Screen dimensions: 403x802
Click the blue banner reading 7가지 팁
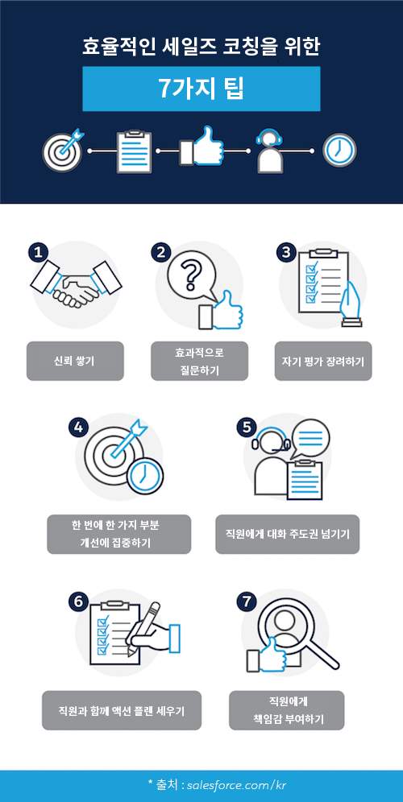pos(201,89)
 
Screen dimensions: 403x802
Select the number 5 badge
pos(247,428)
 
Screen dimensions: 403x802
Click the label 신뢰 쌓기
pos(75,361)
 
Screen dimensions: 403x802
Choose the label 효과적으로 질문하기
pos(200,361)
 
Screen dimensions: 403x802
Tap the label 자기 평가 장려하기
pos(323,361)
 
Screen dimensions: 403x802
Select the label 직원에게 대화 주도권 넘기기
pos(287,535)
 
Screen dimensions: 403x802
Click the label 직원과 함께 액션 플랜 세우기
pos(122,710)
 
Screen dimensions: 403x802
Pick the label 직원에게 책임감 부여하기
pos(287,710)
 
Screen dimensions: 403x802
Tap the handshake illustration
pos(76,284)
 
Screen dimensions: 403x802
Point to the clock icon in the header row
pos(339,151)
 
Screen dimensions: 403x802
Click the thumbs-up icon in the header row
pos(201,147)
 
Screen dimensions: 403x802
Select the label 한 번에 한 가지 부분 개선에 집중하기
pos(118,535)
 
